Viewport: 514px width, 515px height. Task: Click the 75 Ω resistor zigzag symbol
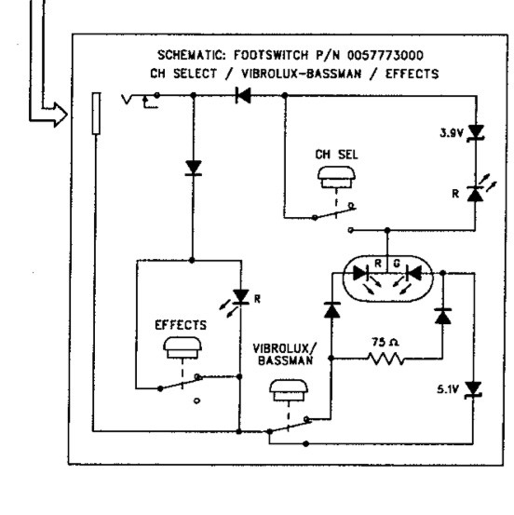click(386, 359)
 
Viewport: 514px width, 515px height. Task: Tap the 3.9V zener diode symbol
click(476, 132)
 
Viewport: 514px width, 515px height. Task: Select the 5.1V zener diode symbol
click(473, 390)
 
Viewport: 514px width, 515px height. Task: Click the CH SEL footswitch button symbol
click(336, 177)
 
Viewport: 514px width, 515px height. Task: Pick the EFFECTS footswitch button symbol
click(183, 347)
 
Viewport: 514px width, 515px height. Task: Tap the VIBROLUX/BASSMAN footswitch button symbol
click(289, 391)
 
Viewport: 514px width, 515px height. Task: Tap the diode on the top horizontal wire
click(243, 96)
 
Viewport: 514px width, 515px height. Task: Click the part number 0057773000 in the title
click(385, 55)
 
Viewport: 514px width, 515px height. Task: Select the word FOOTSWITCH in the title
click(271, 55)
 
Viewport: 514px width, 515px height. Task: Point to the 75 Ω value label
click(385, 342)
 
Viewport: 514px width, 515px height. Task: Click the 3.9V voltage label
click(452, 133)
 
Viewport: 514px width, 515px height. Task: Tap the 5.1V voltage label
click(447, 389)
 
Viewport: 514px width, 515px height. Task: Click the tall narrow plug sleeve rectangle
click(96, 114)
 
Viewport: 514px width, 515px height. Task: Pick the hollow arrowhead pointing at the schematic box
click(61, 115)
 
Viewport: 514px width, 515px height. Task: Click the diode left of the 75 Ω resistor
click(332, 310)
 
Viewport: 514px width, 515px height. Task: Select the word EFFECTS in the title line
click(412, 74)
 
